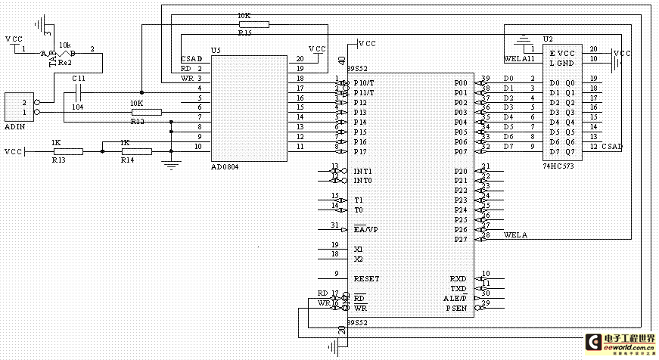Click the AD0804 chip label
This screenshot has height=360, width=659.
click(225, 166)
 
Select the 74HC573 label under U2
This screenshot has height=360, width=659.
click(558, 164)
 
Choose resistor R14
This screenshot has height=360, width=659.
click(136, 151)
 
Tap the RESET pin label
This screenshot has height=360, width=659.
click(366, 278)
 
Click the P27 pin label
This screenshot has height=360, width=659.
click(460, 240)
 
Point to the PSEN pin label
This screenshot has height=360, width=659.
click(456, 308)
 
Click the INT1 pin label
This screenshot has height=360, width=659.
click(363, 171)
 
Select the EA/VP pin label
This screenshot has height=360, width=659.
click(366, 229)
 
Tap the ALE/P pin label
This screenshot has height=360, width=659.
click(455, 298)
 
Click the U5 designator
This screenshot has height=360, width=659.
click(216, 50)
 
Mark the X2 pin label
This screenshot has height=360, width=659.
click(359, 259)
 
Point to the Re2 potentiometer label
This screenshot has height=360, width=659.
click(65, 62)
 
